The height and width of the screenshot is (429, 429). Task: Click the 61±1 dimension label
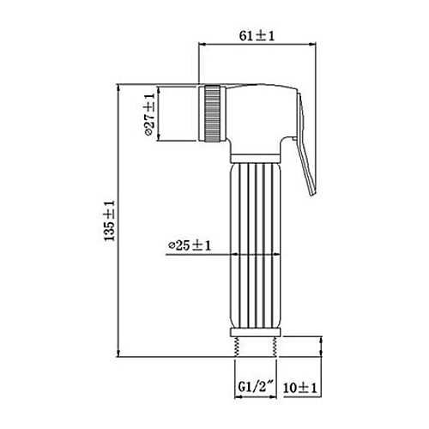coord(257,36)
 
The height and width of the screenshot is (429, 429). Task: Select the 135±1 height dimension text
coord(110,221)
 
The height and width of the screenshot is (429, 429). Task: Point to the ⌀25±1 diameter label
coord(190,245)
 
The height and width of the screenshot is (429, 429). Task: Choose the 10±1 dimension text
coord(300,388)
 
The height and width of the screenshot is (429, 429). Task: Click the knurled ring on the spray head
coord(212,112)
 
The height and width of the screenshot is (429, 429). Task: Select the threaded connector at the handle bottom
coord(256,347)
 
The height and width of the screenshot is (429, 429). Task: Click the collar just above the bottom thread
coord(256,332)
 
